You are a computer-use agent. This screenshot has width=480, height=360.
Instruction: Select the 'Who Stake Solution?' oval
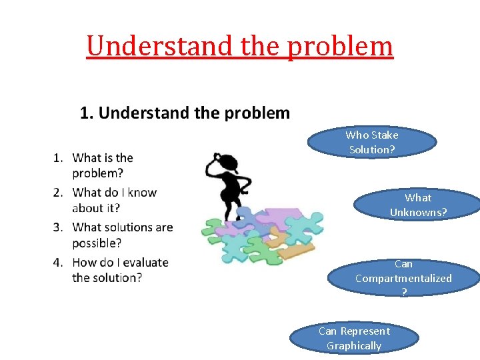point(372,143)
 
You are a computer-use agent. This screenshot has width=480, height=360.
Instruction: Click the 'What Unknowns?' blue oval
point(418,205)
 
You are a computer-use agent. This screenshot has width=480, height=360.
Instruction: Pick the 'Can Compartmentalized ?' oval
point(403,278)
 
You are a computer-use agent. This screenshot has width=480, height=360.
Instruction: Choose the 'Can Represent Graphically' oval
point(354,338)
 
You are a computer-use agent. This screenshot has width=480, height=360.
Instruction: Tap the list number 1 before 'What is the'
point(58,158)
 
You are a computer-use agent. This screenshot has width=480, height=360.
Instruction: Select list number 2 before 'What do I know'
point(58,193)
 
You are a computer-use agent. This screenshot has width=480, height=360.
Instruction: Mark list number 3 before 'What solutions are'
point(58,227)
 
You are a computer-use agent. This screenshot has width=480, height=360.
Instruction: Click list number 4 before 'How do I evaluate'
point(58,263)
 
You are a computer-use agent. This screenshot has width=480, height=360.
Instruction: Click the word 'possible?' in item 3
point(97,243)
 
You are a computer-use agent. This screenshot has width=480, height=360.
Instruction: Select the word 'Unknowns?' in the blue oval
point(418,213)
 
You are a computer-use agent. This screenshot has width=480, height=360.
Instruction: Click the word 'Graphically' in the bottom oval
point(354,345)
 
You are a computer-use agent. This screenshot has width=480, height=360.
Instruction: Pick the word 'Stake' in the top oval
point(385,135)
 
